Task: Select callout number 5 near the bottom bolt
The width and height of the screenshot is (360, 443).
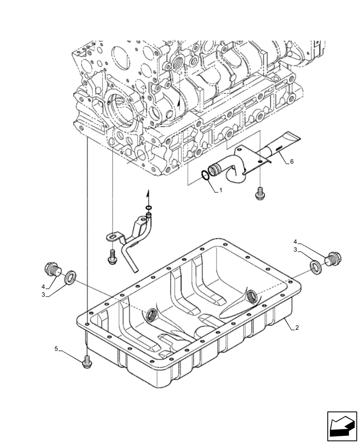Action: point(56,350)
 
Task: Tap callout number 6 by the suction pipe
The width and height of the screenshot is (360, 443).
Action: point(291,162)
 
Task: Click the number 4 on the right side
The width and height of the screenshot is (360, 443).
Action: point(295,242)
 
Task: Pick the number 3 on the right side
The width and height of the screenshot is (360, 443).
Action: point(295,250)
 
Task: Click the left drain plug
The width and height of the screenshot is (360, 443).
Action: point(53,268)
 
